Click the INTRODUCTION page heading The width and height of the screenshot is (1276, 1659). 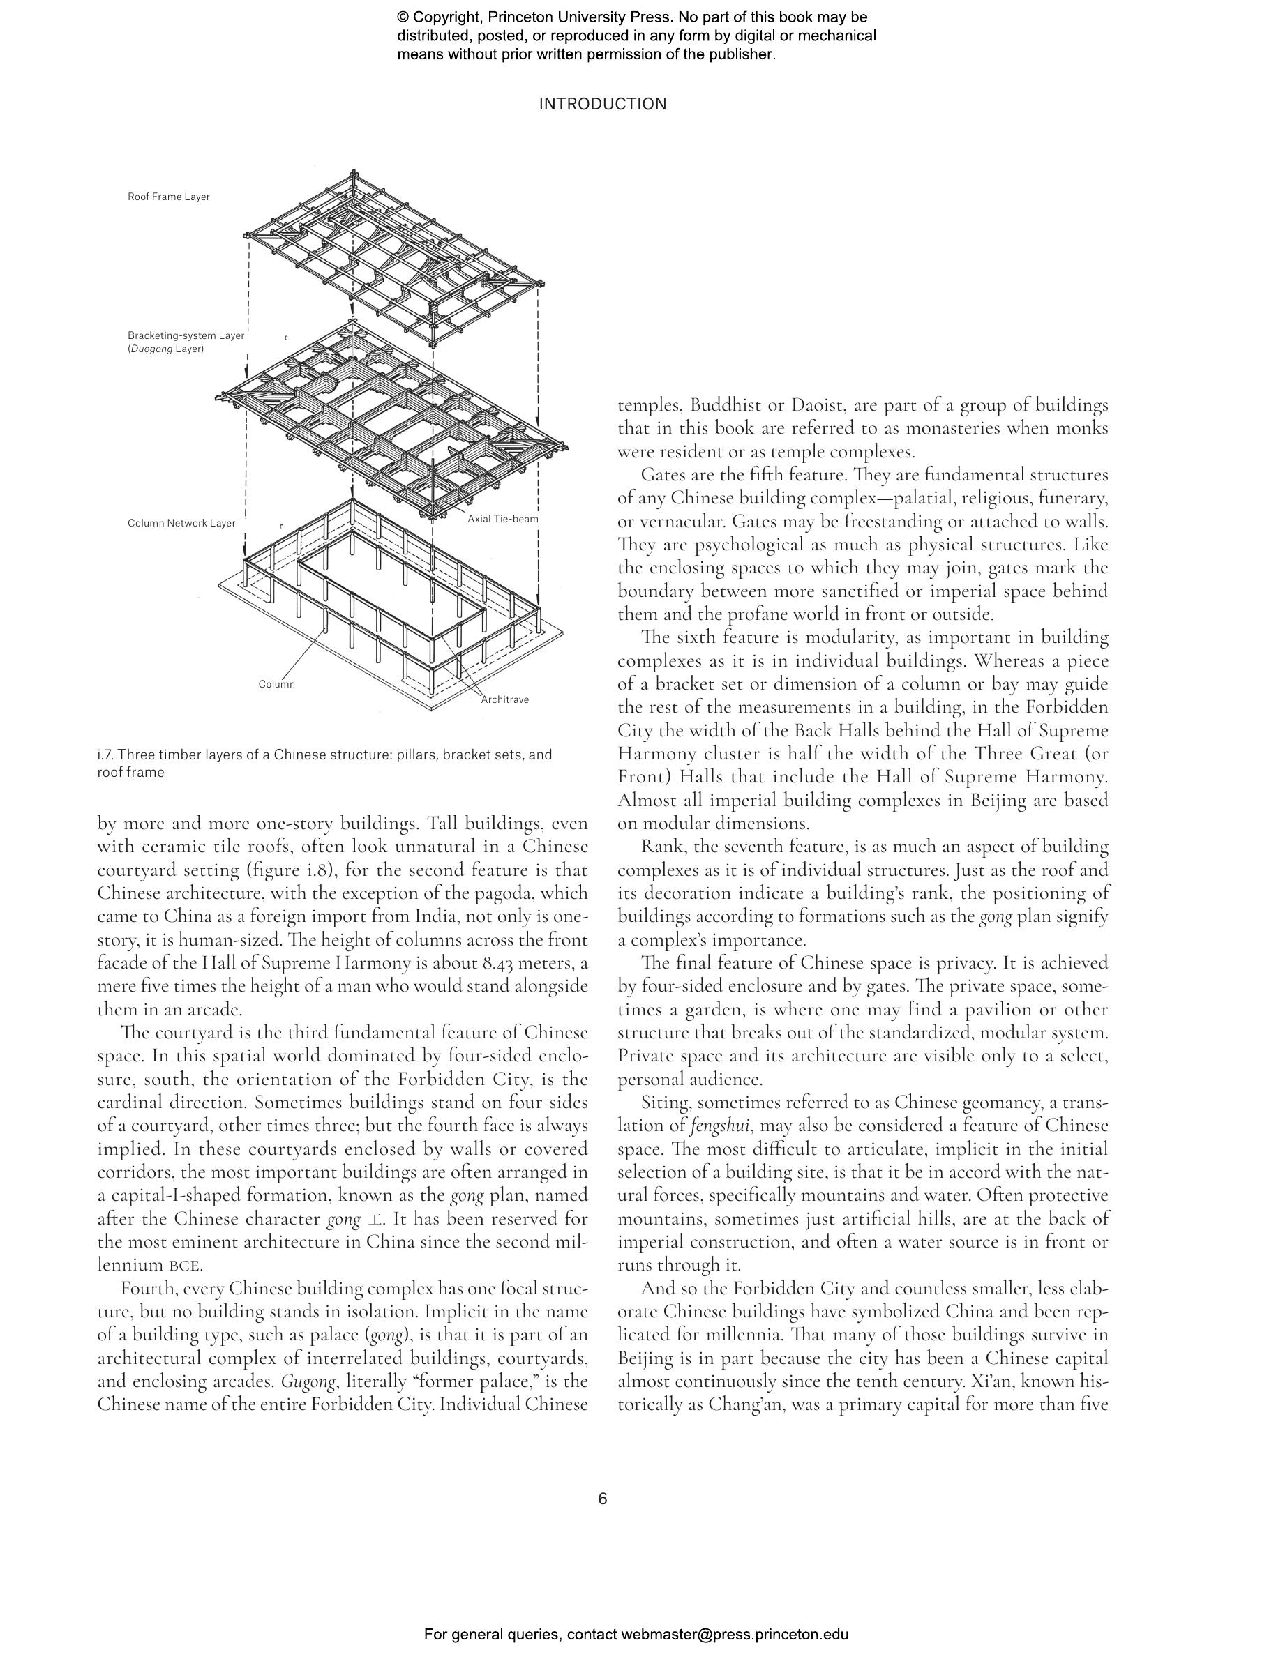click(x=602, y=104)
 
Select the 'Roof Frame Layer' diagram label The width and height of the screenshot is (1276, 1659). click(x=169, y=197)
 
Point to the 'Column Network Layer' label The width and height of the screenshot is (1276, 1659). click(x=181, y=523)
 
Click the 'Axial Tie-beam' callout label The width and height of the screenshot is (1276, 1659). click(x=502, y=520)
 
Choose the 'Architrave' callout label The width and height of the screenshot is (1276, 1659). click(x=505, y=699)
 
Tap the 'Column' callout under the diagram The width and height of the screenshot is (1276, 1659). click(x=276, y=684)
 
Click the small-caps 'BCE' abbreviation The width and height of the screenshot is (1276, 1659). click(x=185, y=1266)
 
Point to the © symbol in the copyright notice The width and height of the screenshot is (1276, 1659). click(x=403, y=17)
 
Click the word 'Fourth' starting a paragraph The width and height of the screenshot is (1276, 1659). click(x=147, y=1289)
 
